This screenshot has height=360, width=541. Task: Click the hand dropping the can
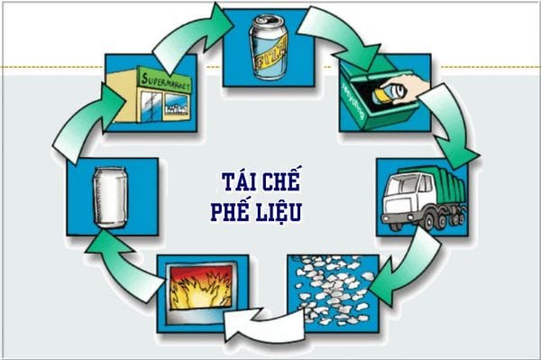409,85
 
